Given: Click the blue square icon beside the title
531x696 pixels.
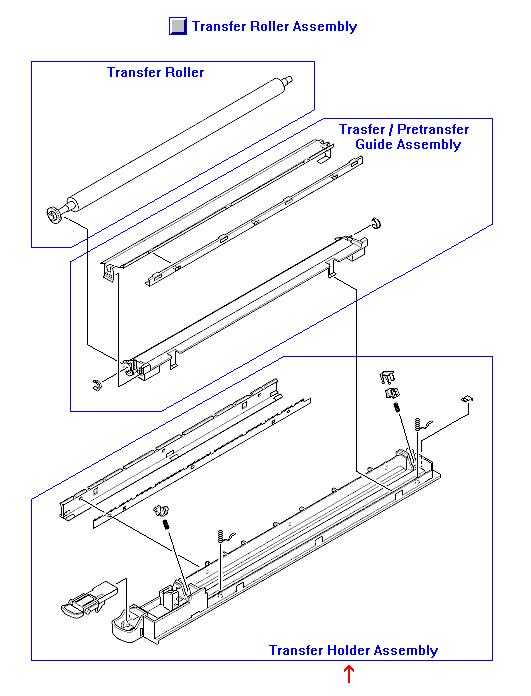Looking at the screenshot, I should coord(178,27).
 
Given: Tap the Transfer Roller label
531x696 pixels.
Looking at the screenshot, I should coord(155,72).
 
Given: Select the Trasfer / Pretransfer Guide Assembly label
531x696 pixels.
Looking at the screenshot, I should coord(402,137).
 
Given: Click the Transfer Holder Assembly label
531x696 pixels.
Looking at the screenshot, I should coord(352,650).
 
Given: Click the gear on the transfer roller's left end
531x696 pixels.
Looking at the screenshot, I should coord(54,212).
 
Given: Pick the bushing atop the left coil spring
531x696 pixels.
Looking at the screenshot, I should coord(157,514).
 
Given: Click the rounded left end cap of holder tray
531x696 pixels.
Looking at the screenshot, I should coord(127,624).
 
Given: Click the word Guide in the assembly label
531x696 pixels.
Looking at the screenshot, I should coord(375,145).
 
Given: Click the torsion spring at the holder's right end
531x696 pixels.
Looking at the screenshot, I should coord(424,427).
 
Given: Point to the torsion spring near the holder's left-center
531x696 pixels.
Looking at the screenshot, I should coord(225,540).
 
